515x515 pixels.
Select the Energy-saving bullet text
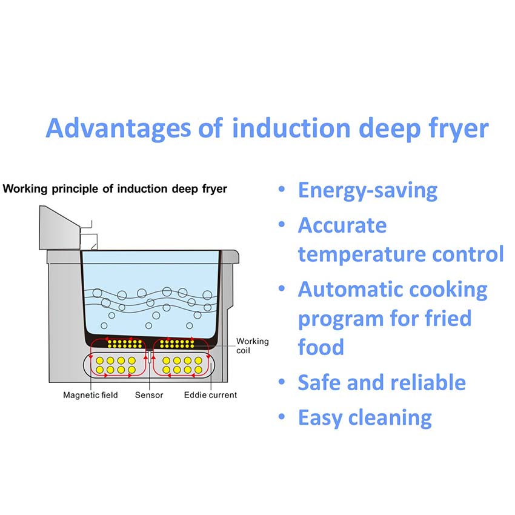click(367, 190)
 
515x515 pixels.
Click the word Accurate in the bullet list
click(342, 225)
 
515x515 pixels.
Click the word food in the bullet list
click(321, 347)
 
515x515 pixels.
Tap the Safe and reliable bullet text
click(382, 382)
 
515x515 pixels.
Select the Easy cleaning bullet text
click(365, 418)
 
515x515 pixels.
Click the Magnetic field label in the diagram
click(90, 395)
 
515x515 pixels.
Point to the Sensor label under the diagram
click(149, 395)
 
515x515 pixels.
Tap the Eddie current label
click(210, 395)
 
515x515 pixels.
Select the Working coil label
click(252, 346)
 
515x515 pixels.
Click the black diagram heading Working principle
click(115, 189)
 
